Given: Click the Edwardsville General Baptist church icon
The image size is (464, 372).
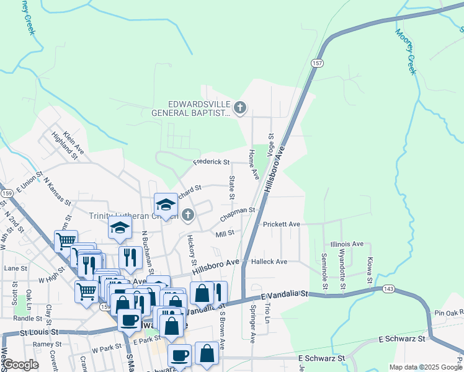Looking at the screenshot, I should (x=239, y=108).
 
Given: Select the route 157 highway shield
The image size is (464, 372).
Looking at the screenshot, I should (x=317, y=63).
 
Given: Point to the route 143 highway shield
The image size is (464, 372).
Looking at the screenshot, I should (x=388, y=289).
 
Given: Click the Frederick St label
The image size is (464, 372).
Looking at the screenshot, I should (x=211, y=162).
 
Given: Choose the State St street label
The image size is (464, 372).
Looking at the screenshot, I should (x=232, y=187).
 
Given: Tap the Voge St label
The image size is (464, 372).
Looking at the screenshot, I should (x=270, y=144).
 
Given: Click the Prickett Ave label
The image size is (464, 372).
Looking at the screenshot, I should (x=281, y=224).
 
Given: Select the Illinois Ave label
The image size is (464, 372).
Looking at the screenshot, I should (x=347, y=244).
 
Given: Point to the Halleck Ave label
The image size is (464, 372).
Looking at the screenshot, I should (x=269, y=262).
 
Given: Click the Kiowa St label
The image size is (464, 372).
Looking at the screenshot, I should (x=370, y=270).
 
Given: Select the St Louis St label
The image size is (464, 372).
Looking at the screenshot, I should (x=38, y=332).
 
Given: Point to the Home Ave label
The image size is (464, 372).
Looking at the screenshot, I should (x=253, y=164).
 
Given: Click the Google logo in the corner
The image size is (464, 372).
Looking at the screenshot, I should (x=21, y=365).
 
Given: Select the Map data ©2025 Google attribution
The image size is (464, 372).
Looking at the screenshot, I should (x=425, y=367).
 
